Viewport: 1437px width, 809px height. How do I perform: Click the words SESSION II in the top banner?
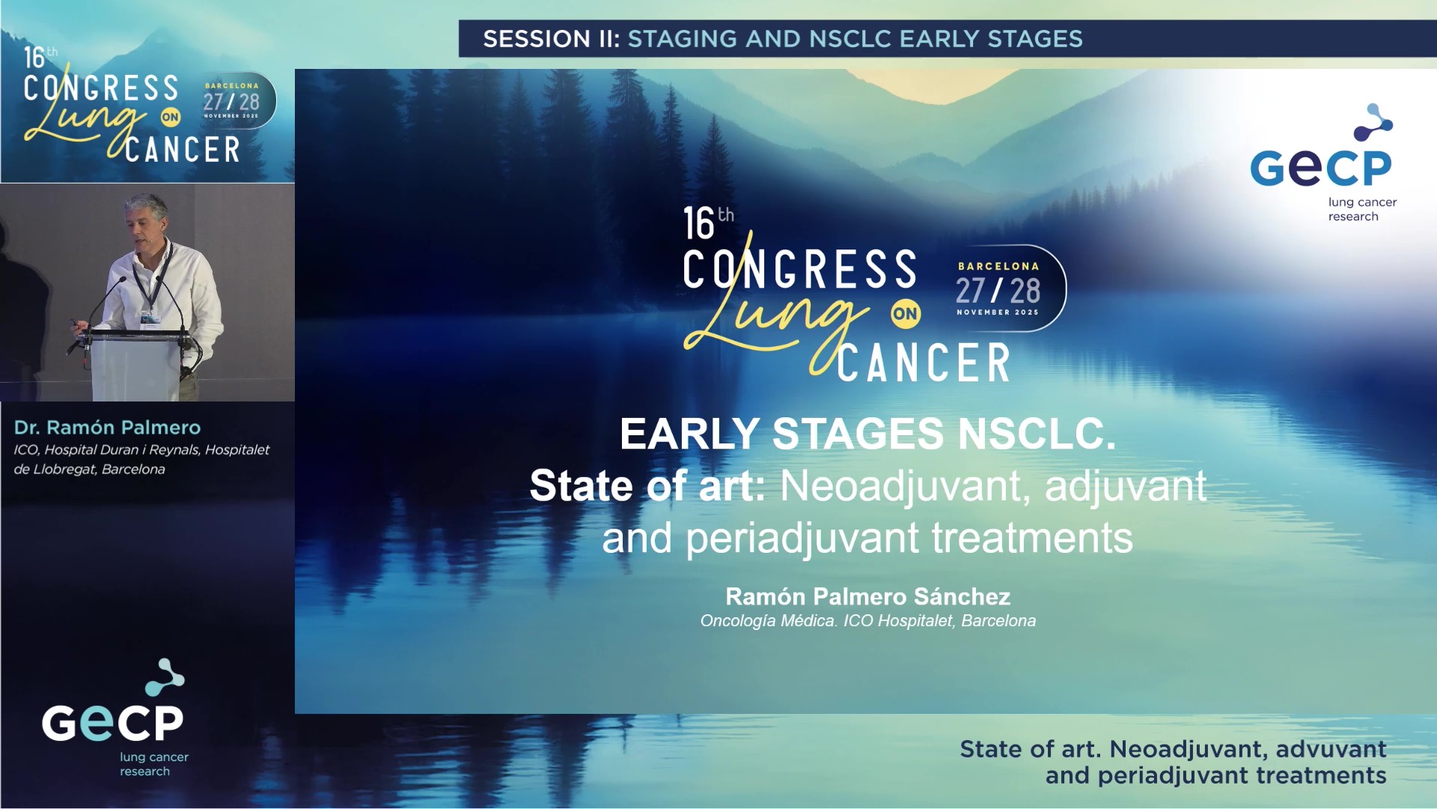click(551, 39)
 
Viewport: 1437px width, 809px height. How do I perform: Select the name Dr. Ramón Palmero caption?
click(107, 428)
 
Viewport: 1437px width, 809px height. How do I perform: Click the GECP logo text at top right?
click(1320, 168)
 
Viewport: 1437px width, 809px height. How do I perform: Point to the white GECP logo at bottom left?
click(112, 722)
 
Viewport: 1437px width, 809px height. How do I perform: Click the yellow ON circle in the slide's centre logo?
click(905, 314)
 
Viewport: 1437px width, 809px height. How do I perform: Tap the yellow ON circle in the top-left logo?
click(171, 117)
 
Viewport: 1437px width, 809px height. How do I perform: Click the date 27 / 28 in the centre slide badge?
click(998, 291)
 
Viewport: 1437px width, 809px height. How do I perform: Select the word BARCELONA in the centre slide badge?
click(998, 266)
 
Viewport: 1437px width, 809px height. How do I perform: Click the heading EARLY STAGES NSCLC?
click(867, 434)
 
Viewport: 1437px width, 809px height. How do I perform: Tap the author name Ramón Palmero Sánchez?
click(867, 596)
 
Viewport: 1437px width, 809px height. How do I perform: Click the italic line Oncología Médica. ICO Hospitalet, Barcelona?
click(867, 621)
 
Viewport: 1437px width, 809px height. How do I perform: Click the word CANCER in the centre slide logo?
click(924, 363)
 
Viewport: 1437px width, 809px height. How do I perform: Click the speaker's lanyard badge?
click(147, 315)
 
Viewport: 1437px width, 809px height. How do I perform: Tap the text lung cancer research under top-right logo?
click(1361, 209)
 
